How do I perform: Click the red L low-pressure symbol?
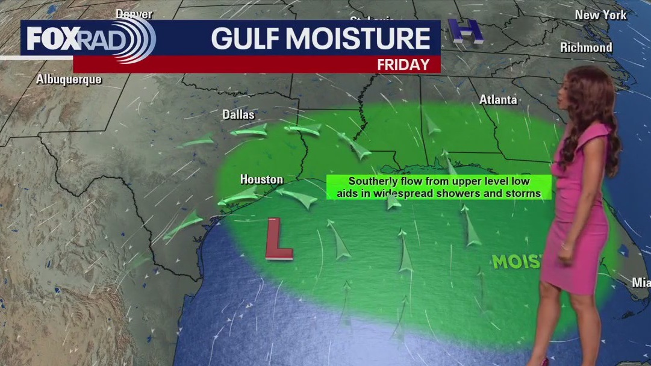[279, 239]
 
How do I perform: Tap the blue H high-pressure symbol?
[466, 31]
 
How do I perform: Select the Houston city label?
[261, 179]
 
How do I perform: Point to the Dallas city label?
[238, 114]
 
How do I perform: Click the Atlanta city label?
[498, 100]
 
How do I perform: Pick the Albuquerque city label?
[69, 79]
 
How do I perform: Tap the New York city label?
[600, 15]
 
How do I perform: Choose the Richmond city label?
[586, 48]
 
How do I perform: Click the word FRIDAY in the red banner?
[403, 64]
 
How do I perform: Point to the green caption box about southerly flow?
[438, 187]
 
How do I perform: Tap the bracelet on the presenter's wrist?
[566, 246]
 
